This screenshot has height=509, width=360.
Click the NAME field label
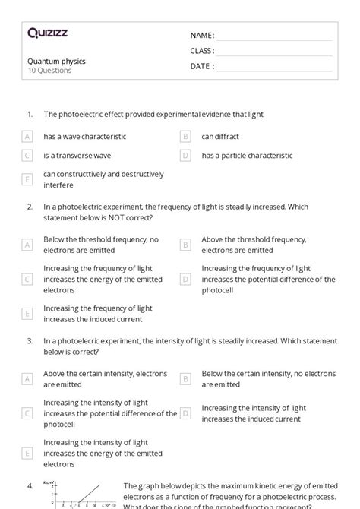(x=202, y=36)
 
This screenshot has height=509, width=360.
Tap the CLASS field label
(x=202, y=51)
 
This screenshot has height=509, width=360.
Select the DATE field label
(x=202, y=66)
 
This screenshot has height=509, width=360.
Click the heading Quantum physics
(x=56, y=61)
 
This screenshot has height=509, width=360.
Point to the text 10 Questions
(x=49, y=71)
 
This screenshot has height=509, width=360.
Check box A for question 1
(x=27, y=137)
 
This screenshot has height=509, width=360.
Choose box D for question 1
(x=185, y=156)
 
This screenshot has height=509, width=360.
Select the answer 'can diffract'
(x=220, y=137)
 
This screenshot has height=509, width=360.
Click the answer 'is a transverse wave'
(x=77, y=156)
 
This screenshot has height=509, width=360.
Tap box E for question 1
(x=27, y=179)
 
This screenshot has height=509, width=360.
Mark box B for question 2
(x=185, y=245)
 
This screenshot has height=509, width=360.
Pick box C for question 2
(x=27, y=279)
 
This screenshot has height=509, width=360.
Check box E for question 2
(x=27, y=314)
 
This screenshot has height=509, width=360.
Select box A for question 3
(x=27, y=378)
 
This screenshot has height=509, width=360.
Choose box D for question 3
(x=185, y=413)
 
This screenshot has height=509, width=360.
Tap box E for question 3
(x=27, y=453)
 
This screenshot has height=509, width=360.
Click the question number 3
(x=30, y=341)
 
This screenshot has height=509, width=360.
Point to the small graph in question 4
(x=80, y=494)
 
